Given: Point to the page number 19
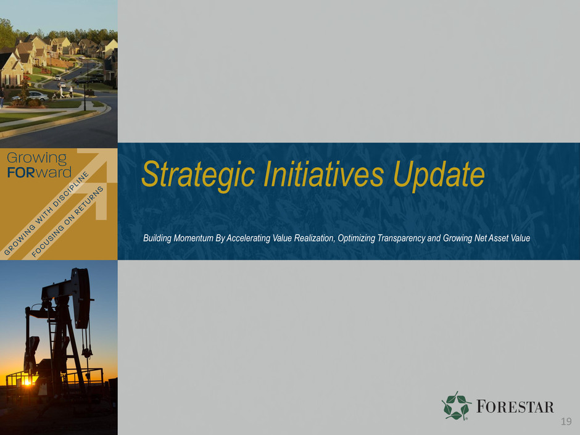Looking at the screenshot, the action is click(566, 421).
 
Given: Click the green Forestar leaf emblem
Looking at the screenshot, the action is click(456, 406).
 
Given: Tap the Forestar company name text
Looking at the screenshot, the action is click(515, 407).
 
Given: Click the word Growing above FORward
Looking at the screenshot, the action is click(37, 159).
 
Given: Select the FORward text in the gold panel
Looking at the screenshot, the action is click(39, 172).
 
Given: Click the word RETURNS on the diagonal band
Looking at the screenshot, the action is click(89, 201).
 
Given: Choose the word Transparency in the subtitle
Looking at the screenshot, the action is click(400, 238).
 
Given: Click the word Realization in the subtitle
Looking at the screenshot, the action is click(315, 238).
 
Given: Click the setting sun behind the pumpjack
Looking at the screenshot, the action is click(27, 382).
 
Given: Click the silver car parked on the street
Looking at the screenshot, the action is click(30, 96).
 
